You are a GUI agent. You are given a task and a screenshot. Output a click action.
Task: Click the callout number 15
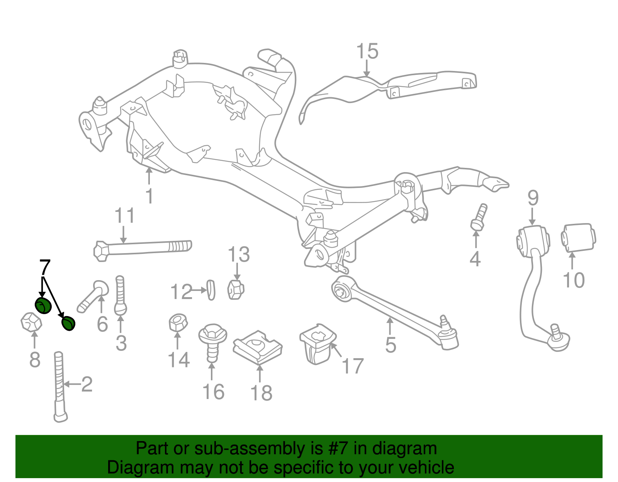367,51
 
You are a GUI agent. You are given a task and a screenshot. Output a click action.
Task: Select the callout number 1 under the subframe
149,196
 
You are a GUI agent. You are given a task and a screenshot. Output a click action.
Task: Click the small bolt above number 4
479,217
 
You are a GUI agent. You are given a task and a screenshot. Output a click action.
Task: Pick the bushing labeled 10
578,238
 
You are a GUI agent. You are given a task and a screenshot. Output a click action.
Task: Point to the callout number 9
533,198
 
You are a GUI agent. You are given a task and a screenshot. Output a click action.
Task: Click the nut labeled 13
236,289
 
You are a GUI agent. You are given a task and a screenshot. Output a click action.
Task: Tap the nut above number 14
178,323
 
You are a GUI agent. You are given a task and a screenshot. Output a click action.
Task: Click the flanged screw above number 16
212,343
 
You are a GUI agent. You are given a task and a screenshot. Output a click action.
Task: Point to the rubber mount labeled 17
318,344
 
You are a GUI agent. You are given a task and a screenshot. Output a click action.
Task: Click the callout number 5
390,345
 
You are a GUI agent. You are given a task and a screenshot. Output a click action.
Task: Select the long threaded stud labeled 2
60,387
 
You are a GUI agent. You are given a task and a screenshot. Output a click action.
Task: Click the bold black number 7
45,267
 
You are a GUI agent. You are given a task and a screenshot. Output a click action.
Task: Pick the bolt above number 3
120,295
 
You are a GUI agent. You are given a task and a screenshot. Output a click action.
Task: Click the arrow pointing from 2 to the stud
73,384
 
